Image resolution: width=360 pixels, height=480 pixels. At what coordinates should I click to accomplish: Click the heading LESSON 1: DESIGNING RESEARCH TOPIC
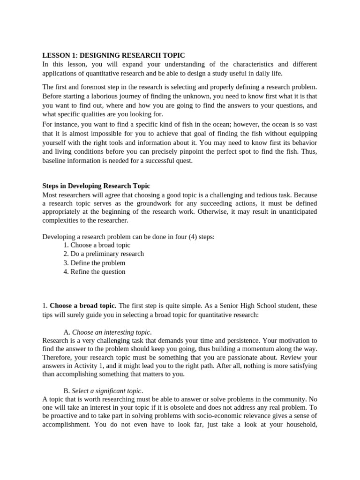coord(113,55)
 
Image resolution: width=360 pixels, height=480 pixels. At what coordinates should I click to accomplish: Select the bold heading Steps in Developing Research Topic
coord(96,186)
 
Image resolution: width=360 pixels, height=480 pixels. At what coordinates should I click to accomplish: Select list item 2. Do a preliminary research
coord(104,254)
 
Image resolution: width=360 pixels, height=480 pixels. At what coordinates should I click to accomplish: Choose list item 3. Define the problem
coord(94,262)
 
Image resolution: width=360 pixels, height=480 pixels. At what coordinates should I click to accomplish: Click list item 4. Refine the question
coord(94,271)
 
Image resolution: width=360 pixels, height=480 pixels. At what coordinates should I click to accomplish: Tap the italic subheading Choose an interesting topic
coord(112,332)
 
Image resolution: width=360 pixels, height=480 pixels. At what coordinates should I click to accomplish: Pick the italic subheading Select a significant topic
coord(107,391)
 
